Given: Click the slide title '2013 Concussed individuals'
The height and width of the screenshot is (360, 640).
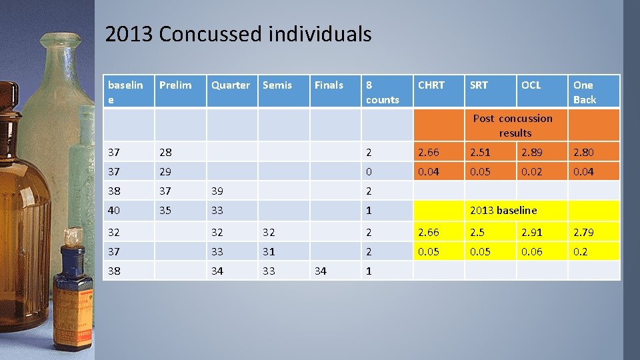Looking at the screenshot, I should (238, 34).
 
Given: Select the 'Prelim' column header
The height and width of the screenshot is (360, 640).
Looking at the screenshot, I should (175, 85).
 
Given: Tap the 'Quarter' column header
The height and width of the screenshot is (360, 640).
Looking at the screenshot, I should (231, 85).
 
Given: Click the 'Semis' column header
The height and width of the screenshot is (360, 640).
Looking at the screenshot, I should (277, 85).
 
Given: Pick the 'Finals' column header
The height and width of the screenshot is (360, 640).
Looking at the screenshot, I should (329, 85).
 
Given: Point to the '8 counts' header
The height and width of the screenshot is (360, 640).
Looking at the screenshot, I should (382, 92).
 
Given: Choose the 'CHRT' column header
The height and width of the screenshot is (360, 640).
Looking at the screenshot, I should (431, 85).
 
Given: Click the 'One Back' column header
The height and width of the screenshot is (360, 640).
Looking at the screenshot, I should (585, 92).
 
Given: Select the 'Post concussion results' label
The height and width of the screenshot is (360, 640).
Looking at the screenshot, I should (513, 125).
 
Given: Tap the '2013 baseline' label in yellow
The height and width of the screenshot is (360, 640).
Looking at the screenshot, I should (503, 211).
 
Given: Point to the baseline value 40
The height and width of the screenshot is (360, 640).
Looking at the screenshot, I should (115, 211).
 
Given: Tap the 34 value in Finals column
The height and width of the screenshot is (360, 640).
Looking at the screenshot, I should (321, 271).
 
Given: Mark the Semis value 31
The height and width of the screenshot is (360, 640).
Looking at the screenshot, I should (269, 252).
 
